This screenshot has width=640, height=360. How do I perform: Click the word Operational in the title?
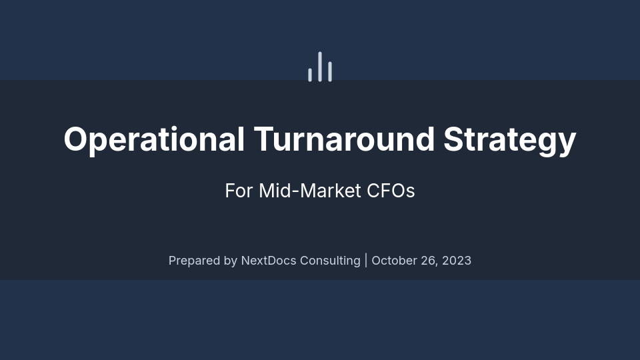point(154,139)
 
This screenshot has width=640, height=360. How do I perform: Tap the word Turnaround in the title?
point(344,139)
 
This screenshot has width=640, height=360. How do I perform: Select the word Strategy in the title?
point(510,139)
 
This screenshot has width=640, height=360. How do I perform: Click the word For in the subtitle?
point(239,191)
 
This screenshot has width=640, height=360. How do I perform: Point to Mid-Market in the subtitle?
point(310,191)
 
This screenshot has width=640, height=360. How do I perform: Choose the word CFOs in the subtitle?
point(391,191)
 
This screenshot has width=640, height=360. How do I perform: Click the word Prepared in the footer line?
point(194,261)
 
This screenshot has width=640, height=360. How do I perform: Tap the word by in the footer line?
point(230,261)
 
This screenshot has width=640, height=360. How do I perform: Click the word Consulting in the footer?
point(330,261)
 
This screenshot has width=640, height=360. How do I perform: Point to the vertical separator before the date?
point(366,260)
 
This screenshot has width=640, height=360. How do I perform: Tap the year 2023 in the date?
point(457,261)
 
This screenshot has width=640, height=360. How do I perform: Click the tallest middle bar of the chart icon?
point(320,67)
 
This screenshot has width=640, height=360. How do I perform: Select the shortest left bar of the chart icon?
point(310,75)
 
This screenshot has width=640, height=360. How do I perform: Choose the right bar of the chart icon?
point(330,71)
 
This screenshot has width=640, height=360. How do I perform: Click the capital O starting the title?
point(77,139)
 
